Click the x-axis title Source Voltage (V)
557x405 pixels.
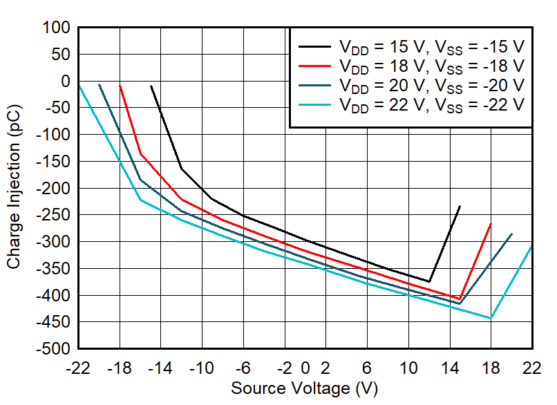tap(304, 388)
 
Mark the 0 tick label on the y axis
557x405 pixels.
tap(66, 81)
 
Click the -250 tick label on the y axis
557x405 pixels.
tap(55, 215)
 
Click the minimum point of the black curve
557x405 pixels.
tap(429, 281)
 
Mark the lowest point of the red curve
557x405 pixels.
tap(460, 299)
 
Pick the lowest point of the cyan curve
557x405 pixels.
tap(491, 318)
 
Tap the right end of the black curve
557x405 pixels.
tap(460, 206)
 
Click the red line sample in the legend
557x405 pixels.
tap(314, 66)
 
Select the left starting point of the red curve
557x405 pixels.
tap(120, 86)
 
